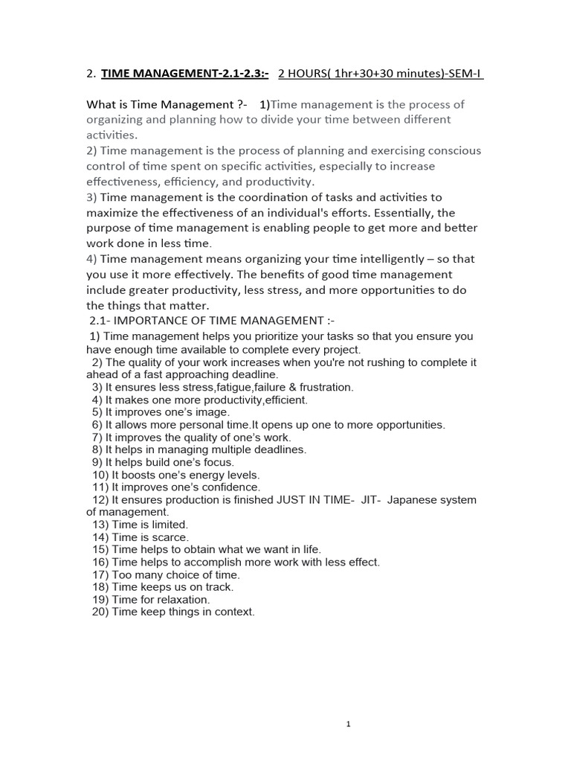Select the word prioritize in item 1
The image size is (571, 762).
[x=268, y=336]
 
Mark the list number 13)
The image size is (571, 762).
[x=100, y=525]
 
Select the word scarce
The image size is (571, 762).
[x=172, y=537]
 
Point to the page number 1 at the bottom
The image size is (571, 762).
[x=348, y=724]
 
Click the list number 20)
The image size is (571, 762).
[x=100, y=612]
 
